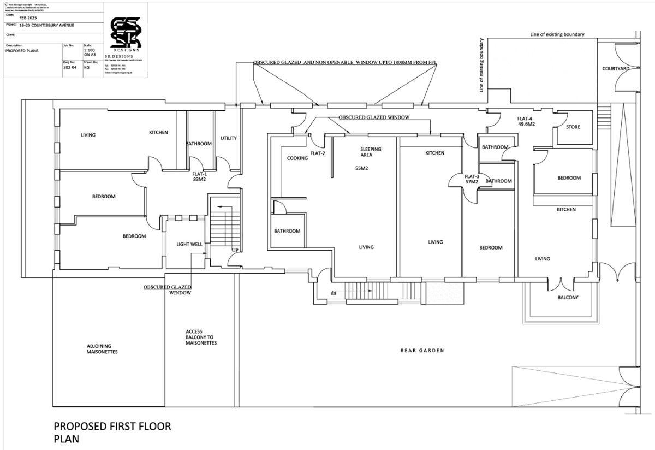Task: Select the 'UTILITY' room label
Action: click(229, 138)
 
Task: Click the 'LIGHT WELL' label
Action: click(189, 244)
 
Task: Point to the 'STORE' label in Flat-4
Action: click(573, 127)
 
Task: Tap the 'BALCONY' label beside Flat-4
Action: click(568, 298)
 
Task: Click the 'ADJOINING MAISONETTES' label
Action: click(102, 348)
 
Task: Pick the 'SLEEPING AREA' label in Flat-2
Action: click(371, 152)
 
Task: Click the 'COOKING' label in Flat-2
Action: click(297, 158)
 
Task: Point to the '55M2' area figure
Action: click(362, 168)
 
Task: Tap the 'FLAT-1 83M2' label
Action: click(199, 176)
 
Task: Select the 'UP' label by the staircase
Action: click(235, 251)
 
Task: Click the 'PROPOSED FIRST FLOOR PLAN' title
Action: click(112, 432)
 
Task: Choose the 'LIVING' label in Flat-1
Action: click(88, 135)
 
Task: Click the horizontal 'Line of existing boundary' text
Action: click(557, 34)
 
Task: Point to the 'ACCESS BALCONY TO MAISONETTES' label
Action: click(201, 337)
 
